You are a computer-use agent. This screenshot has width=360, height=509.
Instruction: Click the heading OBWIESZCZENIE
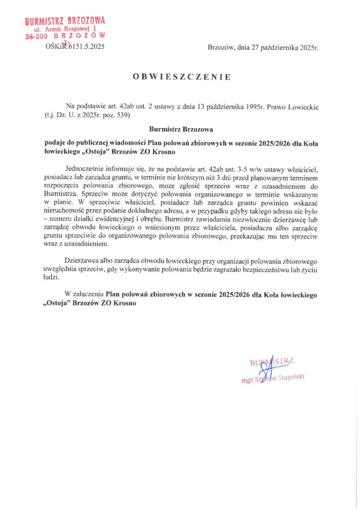181,77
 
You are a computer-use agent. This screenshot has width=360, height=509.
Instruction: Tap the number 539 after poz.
122,115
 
